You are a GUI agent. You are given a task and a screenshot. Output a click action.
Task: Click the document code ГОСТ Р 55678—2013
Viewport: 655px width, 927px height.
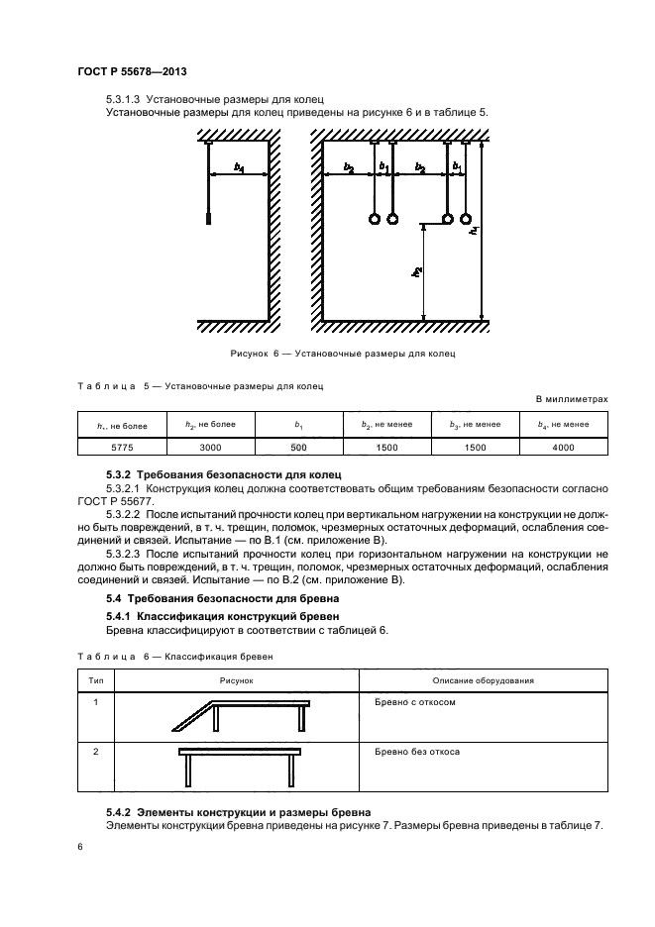132,73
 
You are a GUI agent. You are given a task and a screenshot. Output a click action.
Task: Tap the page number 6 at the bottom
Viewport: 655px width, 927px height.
80,846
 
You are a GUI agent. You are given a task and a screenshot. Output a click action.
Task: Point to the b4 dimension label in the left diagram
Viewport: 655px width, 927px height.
239,168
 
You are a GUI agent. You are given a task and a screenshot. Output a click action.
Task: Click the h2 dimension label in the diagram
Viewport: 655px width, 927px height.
419,270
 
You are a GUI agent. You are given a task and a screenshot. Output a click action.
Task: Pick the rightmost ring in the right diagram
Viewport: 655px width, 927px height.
466,219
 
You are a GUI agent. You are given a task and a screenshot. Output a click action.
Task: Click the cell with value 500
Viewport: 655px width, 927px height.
298,448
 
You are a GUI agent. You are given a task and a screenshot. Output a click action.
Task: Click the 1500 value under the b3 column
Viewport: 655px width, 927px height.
475,448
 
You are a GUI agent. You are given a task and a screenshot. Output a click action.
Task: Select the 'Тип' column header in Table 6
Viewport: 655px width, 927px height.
96,680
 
